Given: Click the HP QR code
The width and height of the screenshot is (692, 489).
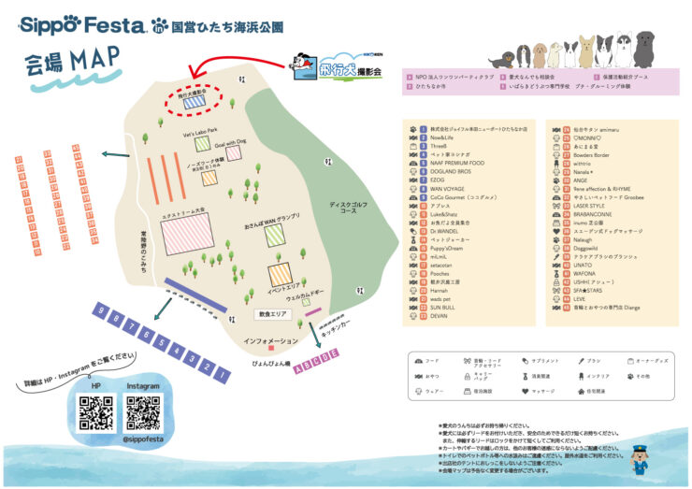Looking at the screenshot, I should click(94, 412).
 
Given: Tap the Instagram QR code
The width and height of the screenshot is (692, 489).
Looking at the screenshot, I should click(143, 412).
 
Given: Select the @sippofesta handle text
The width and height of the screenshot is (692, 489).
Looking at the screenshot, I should click(143, 437).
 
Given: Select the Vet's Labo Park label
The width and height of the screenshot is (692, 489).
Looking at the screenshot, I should click(200, 131).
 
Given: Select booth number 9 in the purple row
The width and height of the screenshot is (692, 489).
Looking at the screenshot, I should click(104, 314).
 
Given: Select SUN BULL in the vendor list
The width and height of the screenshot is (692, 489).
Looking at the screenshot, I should click(443, 307).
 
